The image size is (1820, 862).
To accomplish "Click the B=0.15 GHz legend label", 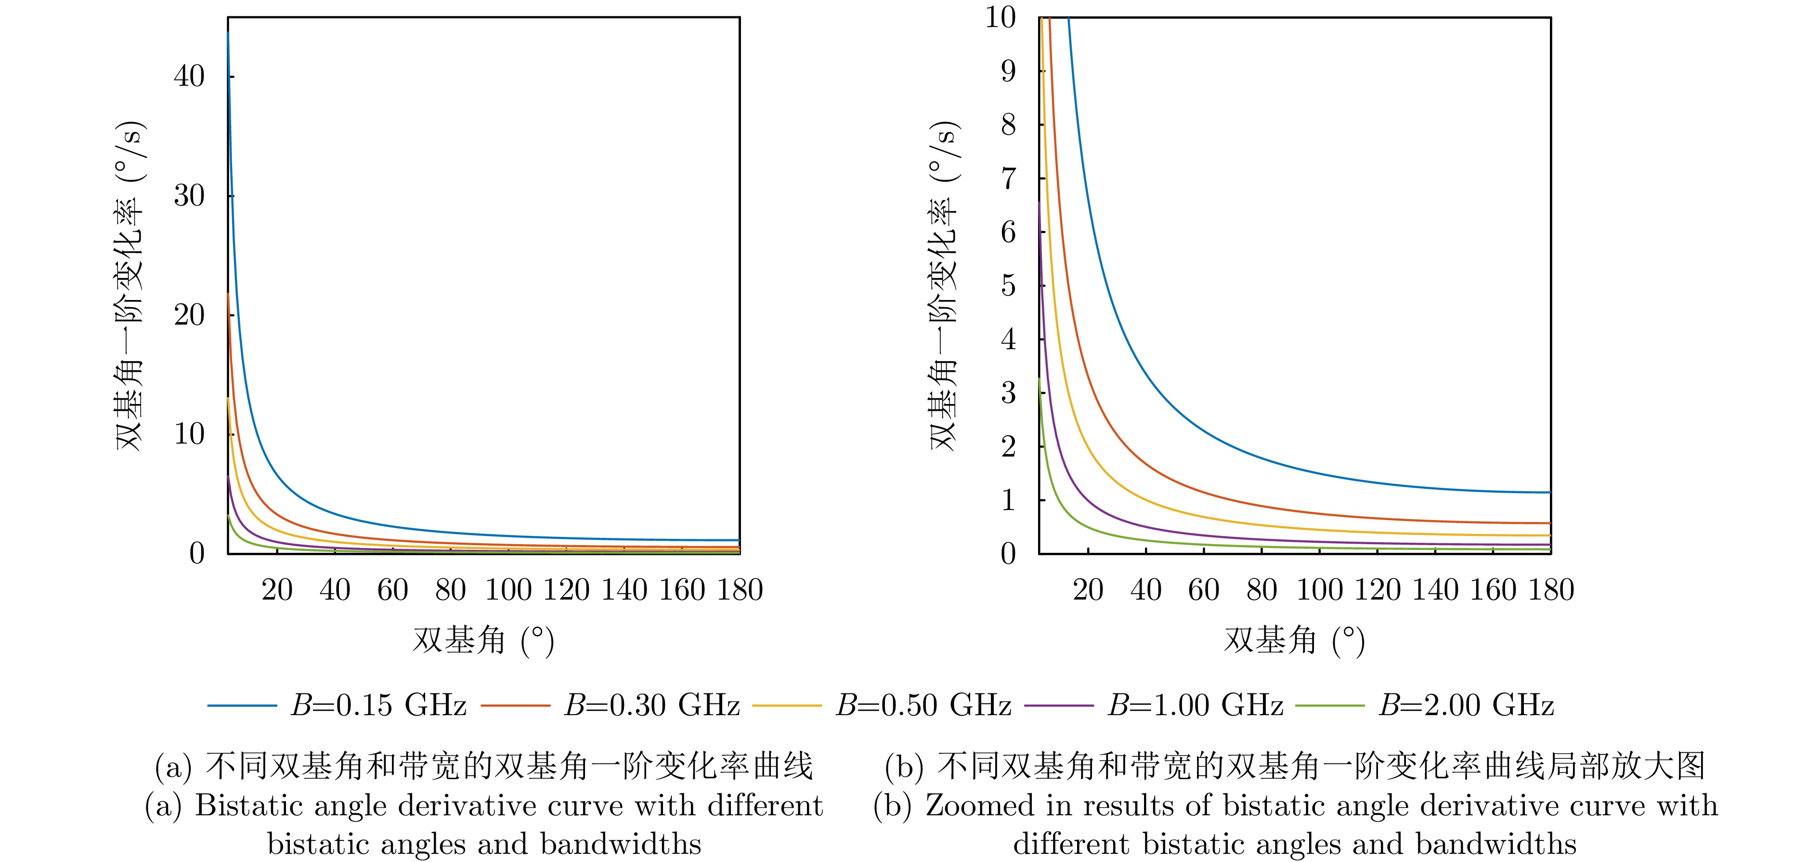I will pyautogui.click(x=379, y=705).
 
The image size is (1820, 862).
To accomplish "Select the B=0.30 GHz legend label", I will pyautogui.click(x=651, y=705).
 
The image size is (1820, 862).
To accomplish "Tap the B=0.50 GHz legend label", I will pyautogui.click(x=923, y=705).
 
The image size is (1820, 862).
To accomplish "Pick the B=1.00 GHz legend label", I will pyautogui.click(x=1196, y=705).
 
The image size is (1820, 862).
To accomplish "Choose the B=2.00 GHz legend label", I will pyautogui.click(x=1467, y=705).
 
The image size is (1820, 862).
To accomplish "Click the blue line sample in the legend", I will pyautogui.click(x=242, y=705).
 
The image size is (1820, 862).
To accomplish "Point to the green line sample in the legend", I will pyautogui.click(x=1330, y=705).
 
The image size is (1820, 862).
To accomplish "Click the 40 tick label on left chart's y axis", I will pyautogui.click(x=189, y=76).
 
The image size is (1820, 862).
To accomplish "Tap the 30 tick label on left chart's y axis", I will pyautogui.click(x=189, y=196).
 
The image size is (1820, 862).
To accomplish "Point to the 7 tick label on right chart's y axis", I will pyautogui.click(x=1008, y=178).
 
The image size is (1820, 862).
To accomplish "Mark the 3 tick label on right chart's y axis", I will pyautogui.click(x=1008, y=393).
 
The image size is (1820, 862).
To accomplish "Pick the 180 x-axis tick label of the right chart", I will pyautogui.click(x=1551, y=590).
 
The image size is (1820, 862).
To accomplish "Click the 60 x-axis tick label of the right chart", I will pyautogui.click(x=1204, y=590).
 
